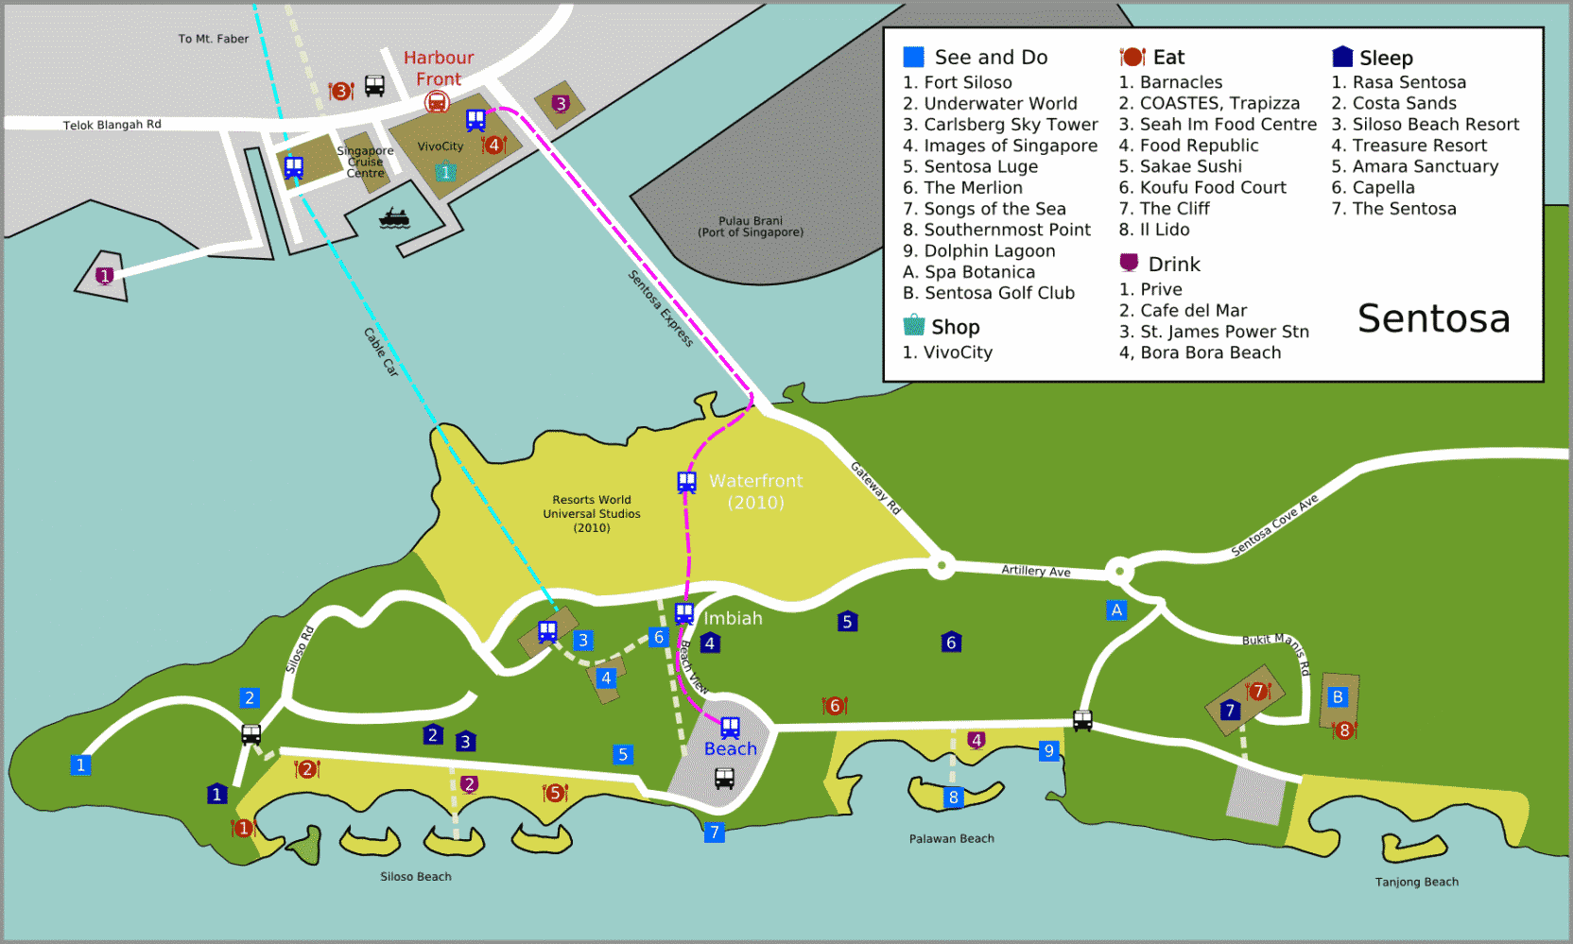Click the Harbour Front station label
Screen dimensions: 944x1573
(x=439, y=68)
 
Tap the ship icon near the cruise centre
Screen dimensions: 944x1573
(x=393, y=218)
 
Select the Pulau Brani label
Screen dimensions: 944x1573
(x=751, y=226)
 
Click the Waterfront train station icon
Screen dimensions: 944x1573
(x=687, y=482)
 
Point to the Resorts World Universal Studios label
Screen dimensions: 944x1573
(x=592, y=513)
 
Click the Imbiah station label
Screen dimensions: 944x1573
(x=733, y=618)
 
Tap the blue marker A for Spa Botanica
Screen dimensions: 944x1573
(x=1116, y=609)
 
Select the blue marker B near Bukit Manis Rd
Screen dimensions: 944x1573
(x=1337, y=697)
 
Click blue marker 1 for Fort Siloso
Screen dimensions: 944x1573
(x=80, y=765)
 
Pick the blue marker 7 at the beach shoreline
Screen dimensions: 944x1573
(x=715, y=832)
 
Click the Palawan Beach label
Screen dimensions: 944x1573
(x=951, y=838)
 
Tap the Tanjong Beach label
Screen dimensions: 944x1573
(x=1416, y=882)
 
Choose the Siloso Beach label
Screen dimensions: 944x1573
(x=416, y=876)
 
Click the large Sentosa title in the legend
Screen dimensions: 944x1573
(x=1433, y=318)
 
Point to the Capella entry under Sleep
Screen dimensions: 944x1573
(x=1383, y=187)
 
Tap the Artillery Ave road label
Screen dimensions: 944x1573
(x=1036, y=571)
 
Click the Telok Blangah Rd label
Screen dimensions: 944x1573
(x=112, y=125)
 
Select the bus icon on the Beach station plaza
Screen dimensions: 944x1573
(x=724, y=779)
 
